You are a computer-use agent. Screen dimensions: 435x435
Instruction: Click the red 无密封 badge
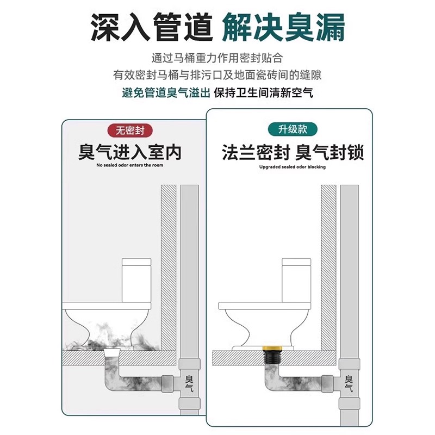(x=130, y=130)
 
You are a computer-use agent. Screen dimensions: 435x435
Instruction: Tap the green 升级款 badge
(x=293, y=130)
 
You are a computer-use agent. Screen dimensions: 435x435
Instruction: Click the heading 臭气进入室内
(x=130, y=152)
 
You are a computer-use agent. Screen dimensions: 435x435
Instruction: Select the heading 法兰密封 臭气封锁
(x=293, y=152)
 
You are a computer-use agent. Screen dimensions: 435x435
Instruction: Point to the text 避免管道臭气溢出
(x=166, y=93)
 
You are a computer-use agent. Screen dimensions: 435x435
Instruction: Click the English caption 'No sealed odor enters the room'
(x=130, y=165)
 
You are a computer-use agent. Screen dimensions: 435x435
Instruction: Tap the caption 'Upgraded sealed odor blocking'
(x=293, y=167)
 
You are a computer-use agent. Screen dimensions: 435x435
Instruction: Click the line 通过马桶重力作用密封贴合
(x=217, y=57)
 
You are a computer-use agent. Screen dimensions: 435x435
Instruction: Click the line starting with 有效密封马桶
(x=217, y=74)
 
